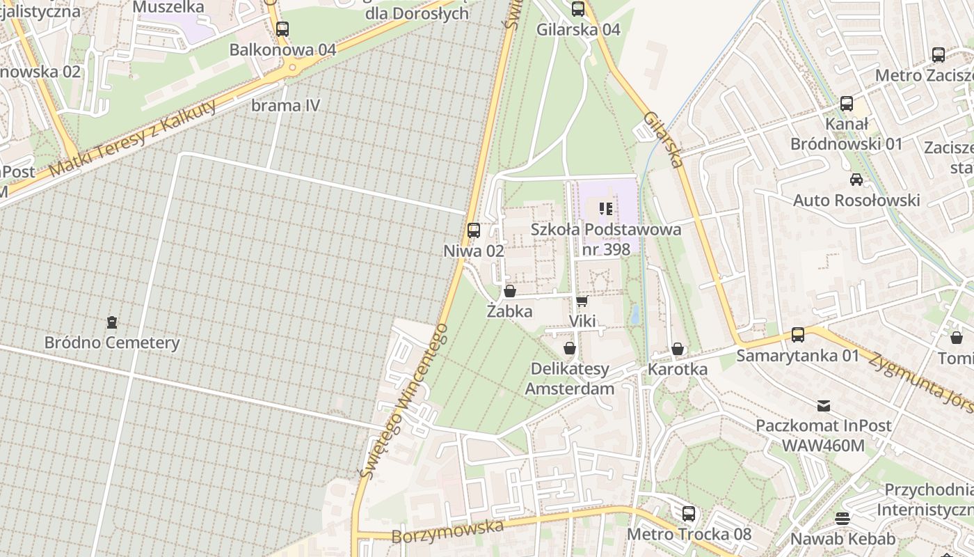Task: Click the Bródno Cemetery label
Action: [x=112, y=343]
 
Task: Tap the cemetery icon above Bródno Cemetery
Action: [x=112, y=322]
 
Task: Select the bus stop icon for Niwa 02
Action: [x=474, y=230]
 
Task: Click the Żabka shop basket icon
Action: [x=509, y=291]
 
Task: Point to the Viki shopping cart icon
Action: [x=582, y=301]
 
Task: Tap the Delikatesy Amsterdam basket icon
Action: [x=570, y=348]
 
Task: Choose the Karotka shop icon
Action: [x=678, y=349]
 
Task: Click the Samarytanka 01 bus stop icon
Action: [x=798, y=335]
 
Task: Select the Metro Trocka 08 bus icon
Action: [x=689, y=514]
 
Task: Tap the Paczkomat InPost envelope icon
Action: [x=824, y=405]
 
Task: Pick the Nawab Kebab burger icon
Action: [x=843, y=518]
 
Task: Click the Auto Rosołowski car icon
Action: [x=856, y=180]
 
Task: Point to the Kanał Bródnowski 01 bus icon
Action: [x=847, y=104]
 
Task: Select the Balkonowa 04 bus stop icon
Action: [x=282, y=29]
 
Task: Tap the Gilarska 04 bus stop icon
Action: [x=578, y=9]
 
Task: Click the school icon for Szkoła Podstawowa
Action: [x=606, y=208]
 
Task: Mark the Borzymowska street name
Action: [x=447, y=531]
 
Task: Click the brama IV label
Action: [x=285, y=106]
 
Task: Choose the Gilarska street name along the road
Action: [x=664, y=139]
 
